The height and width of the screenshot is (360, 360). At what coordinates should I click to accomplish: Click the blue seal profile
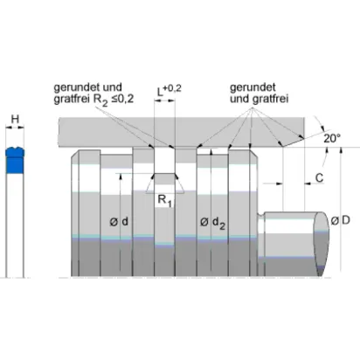click(15, 160)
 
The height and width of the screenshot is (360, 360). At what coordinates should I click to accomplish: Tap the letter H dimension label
click(15, 119)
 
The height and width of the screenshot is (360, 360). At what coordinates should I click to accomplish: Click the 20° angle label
click(332, 138)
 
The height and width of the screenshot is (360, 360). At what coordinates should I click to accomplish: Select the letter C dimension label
click(320, 177)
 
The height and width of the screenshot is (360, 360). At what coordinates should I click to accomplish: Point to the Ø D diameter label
click(341, 221)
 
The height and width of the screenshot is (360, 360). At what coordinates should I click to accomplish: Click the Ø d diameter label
click(119, 222)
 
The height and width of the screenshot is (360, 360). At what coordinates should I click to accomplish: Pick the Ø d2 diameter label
click(212, 223)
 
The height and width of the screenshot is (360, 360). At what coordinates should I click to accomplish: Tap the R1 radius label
click(164, 201)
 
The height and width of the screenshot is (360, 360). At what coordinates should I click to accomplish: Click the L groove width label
click(160, 93)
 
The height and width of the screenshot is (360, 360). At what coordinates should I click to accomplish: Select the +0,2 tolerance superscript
click(172, 88)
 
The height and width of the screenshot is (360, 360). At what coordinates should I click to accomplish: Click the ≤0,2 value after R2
click(122, 99)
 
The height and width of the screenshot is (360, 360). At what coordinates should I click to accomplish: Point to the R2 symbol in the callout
click(100, 100)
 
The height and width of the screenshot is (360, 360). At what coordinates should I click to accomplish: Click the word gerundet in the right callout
click(253, 87)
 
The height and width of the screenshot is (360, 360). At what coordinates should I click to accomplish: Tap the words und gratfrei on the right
click(260, 99)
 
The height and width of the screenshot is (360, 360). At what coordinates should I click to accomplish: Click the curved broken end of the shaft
click(322, 244)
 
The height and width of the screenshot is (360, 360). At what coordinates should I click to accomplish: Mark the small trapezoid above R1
click(165, 183)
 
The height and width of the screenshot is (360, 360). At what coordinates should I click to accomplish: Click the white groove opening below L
click(164, 160)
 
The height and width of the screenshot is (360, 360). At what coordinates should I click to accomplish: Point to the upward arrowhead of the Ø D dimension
click(341, 150)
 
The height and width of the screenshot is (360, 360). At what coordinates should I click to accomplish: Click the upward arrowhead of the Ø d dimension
click(120, 177)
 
